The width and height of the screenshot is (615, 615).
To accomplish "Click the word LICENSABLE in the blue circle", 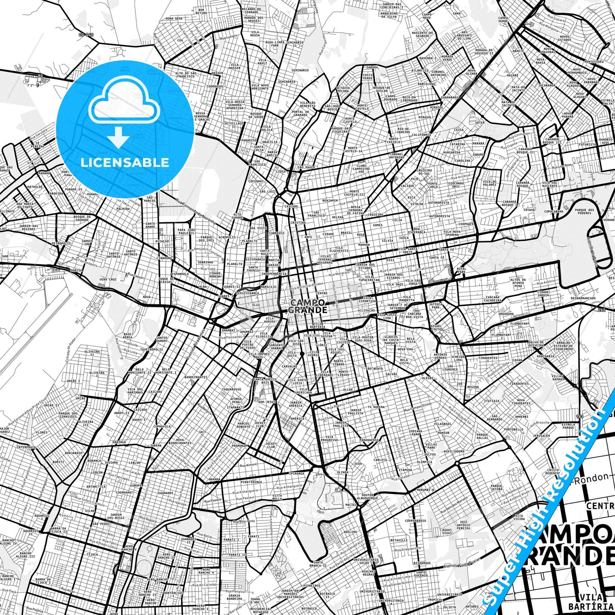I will pos(124,163).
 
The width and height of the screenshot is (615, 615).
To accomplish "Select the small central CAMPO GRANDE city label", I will pos(308,306).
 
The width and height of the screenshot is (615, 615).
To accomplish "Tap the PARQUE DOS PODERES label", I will pos(584,211).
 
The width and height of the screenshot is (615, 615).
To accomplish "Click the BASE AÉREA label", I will pos(127,336).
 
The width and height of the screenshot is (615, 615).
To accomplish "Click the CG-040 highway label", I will pos(86,34).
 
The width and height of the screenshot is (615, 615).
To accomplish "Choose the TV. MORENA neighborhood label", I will pos(376,407).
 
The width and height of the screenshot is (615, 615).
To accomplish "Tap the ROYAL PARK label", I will pos(461,270).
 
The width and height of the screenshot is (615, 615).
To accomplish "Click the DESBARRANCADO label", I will pos(583,298).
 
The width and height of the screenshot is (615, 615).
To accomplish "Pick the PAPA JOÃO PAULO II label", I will pos(186,232).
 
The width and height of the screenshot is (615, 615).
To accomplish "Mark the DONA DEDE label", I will pos(174,19).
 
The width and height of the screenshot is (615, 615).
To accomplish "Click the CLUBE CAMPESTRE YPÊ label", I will pos(363,168).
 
